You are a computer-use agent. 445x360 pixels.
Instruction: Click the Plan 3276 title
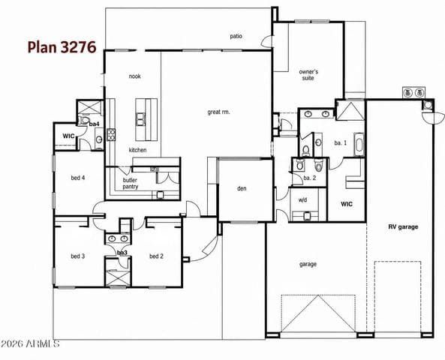62,47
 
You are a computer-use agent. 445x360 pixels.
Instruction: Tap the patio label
236,36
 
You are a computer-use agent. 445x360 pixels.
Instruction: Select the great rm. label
218,112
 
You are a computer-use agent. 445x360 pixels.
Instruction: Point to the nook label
135,76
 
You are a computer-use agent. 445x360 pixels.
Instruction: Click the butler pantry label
131,183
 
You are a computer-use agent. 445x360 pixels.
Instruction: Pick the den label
242,188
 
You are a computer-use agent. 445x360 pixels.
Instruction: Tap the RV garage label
403,227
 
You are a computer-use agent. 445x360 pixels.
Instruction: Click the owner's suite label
308,75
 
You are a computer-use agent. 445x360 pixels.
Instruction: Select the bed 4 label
78,178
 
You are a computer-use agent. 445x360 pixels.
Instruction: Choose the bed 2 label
156,256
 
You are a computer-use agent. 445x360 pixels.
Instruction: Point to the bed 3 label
78,256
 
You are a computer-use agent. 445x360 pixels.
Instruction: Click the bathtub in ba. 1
359,144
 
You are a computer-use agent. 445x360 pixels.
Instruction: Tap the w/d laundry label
303,200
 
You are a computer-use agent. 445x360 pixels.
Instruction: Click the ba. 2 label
310,178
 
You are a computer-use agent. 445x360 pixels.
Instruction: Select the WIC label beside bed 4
68,136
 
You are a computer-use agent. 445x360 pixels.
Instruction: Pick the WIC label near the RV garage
347,204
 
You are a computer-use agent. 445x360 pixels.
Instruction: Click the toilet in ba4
84,120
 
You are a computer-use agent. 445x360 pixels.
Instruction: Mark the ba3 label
122,253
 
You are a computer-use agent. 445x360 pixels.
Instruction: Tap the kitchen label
137,150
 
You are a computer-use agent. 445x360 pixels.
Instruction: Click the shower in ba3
118,277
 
